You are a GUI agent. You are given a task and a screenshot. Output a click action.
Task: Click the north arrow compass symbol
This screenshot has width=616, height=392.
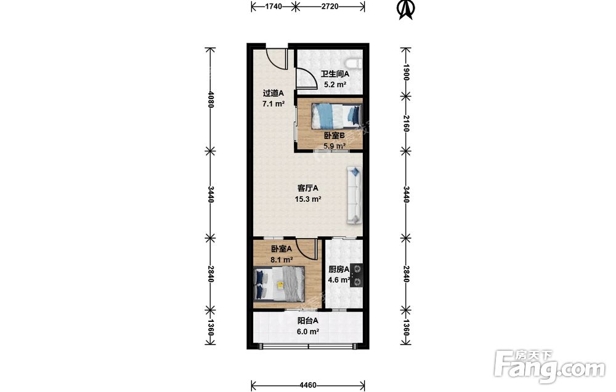click(407, 9)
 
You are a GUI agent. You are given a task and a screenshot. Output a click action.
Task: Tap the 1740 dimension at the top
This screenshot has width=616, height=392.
click(274, 6)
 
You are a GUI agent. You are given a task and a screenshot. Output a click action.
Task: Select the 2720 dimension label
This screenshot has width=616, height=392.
click(330, 6)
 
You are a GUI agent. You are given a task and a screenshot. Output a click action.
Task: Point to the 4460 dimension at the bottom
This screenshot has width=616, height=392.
click(307, 385)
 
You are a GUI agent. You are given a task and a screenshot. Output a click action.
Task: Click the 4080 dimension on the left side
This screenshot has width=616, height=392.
click(211, 99)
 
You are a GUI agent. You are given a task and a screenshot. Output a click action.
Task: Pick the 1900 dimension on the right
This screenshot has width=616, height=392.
click(406, 72)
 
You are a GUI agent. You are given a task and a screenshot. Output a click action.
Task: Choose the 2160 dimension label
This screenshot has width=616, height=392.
click(406, 123)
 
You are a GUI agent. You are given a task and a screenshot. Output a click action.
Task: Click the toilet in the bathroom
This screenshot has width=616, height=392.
click(354, 62)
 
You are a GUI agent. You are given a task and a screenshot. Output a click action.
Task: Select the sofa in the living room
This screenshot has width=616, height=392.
click(354, 195)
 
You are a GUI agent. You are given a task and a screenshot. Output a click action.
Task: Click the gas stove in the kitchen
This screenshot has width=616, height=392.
click(357, 275)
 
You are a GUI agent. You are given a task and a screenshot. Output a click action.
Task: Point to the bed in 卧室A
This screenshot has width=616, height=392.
click(280, 284)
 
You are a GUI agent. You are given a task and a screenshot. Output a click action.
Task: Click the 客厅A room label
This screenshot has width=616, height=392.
click(308, 188)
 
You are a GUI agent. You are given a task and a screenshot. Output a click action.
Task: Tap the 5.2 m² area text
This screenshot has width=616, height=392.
click(334, 84)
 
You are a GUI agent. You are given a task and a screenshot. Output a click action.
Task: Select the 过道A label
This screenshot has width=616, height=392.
click(273, 94)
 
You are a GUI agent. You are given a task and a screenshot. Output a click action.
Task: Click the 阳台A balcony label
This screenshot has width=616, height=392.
click(307, 321)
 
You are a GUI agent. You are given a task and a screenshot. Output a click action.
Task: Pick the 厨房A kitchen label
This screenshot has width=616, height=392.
click(339, 270)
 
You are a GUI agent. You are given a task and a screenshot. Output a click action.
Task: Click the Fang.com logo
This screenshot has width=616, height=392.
click(549, 367)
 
